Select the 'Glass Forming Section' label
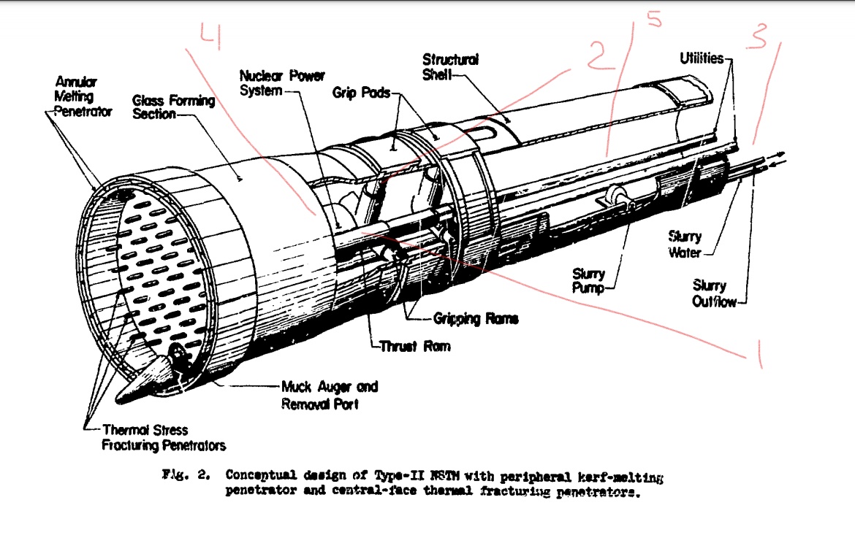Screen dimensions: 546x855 click(173, 107)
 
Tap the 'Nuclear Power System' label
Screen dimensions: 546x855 click(282, 83)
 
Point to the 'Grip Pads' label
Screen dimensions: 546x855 click(361, 93)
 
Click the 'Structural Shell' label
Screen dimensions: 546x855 click(450, 66)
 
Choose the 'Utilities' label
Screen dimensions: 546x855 click(702, 58)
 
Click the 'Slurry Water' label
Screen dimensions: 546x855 click(685, 245)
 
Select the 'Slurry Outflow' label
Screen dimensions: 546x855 click(715, 293)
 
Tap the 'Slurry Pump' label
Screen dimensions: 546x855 click(588, 281)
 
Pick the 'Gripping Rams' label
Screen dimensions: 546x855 click(476, 319)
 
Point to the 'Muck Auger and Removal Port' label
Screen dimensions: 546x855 click(330, 395)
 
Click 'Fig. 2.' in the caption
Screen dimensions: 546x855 click(183, 475)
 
